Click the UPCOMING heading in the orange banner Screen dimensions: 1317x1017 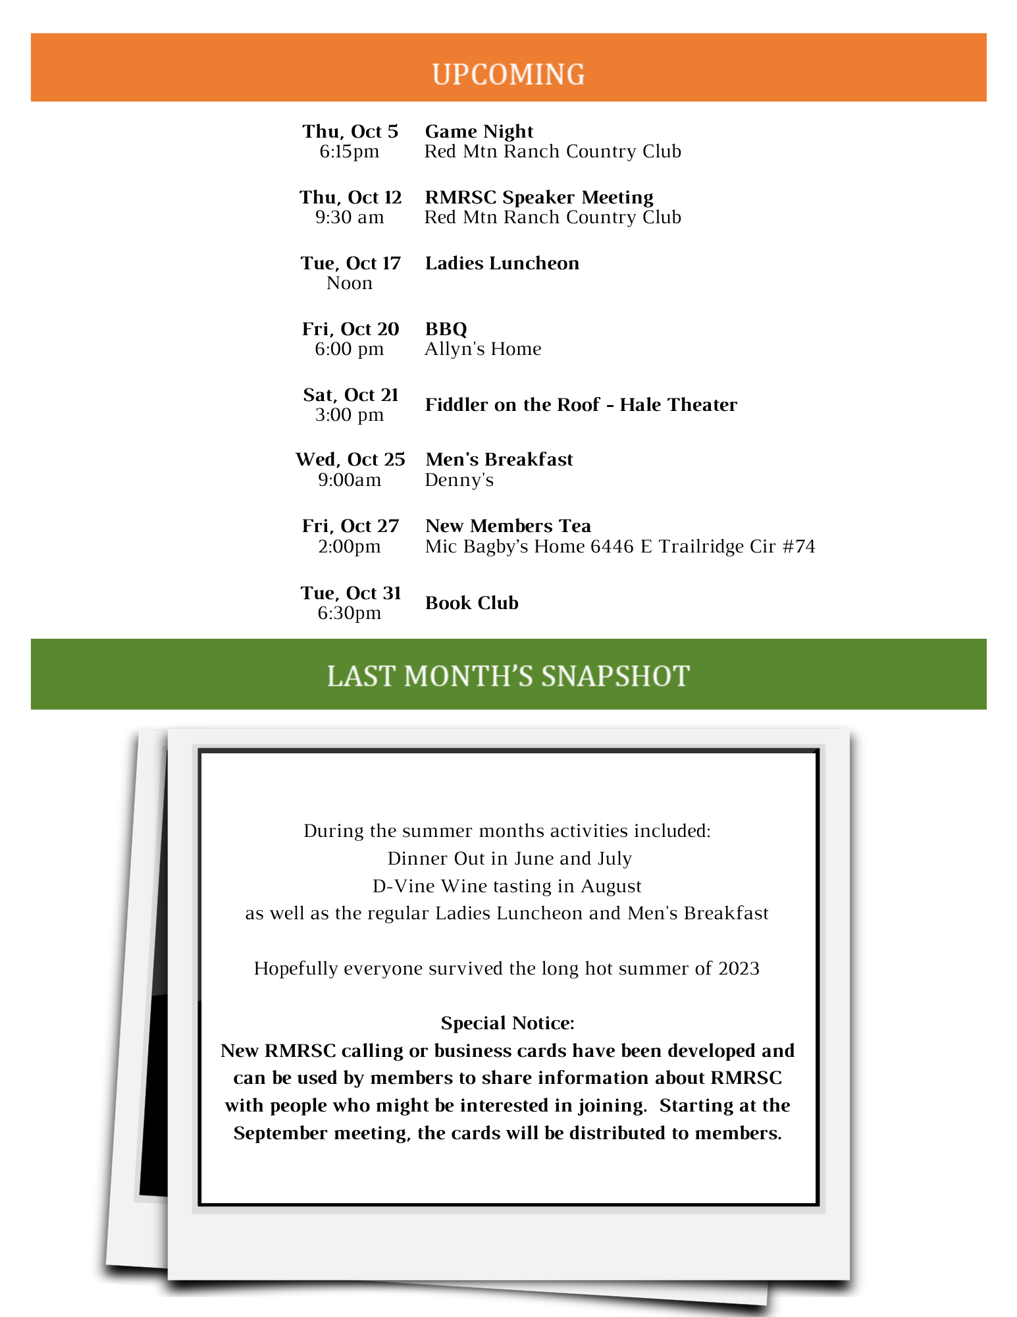coord(508,74)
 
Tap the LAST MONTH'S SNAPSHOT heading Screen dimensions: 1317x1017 coord(508,676)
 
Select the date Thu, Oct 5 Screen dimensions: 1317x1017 coord(350,132)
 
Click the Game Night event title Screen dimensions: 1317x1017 coord(479,132)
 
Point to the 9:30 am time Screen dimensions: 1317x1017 coord(349,217)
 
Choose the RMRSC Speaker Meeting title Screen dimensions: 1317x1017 coord(538,198)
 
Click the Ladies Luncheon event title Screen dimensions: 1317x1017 coord(502,263)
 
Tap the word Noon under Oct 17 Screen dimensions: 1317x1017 coord(349,283)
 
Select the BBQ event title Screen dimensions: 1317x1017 coord(446,329)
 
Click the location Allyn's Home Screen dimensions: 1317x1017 coord(482,349)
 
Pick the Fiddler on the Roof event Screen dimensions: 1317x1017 coord(581,405)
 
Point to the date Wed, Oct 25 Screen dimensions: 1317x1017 coord(350,460)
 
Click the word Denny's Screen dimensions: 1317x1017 coord(459,480)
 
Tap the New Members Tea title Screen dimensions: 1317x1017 coord(508,526)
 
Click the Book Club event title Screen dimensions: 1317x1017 coord(471,603)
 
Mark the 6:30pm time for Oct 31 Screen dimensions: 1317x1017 coord(349,613)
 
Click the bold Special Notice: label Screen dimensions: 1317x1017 coord(508,1023)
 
